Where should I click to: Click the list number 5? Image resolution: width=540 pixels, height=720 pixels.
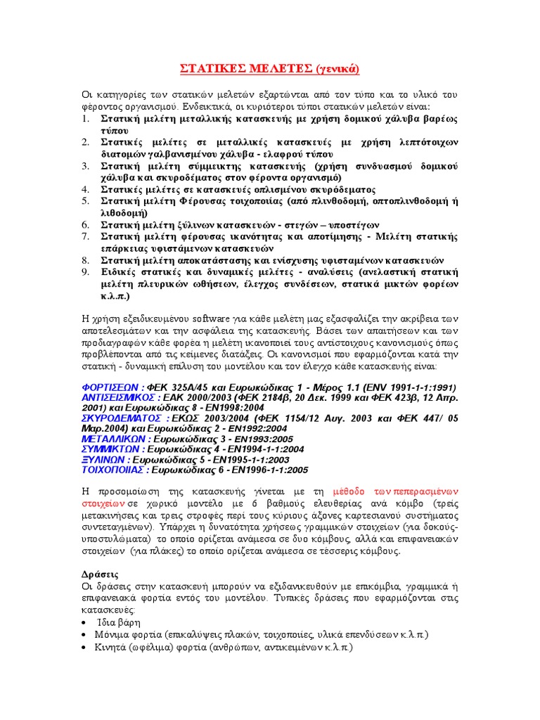coord(84,200)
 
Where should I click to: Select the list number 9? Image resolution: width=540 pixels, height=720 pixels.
coord(84,272)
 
